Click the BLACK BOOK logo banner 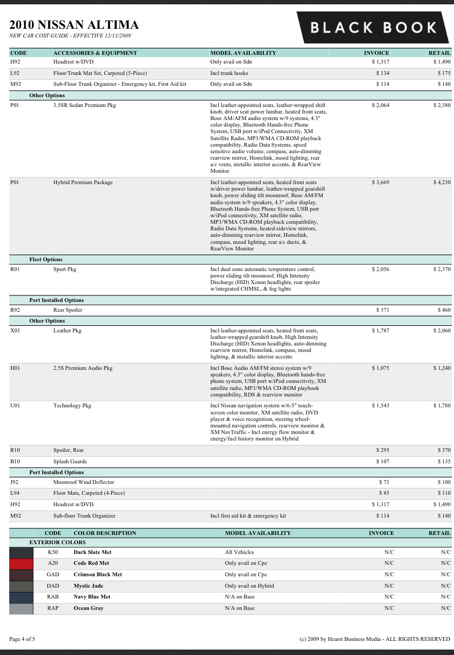click(373, 27)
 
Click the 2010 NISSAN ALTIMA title click(74, 24)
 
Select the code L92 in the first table click(15, 73)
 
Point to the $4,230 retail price click(442, 182)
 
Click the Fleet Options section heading click(46, 260)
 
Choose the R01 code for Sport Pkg click(15, 269)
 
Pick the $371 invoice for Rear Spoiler click(382, 310)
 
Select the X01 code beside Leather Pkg click(15, 331)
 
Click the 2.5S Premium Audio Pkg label click(83, 368)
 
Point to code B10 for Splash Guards click(15, 462)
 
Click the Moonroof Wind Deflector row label click(84, 482)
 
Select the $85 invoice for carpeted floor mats click(384, 493)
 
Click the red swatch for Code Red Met click(21, 563)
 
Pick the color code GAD click(53, 575)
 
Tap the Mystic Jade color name click(88, 586)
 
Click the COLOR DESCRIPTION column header click(105, 533)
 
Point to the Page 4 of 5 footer click(22, 639)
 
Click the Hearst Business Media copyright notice click(375, 639)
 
